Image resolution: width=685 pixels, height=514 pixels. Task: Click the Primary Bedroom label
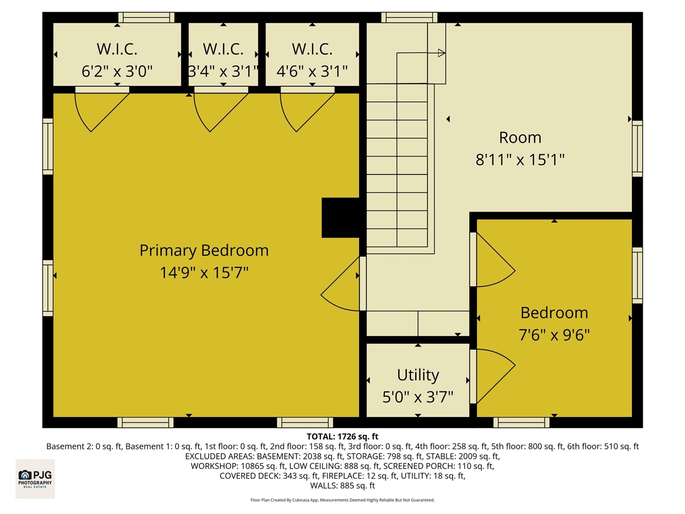[x=204, y=251]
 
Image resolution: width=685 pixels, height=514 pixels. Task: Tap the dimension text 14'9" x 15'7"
[x=204, y=273]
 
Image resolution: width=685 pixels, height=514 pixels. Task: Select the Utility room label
[x=418, y=375]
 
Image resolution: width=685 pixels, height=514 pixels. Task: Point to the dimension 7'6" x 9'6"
[x=554, y=335]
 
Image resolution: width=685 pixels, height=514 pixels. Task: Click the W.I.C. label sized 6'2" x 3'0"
[x=117, y=49]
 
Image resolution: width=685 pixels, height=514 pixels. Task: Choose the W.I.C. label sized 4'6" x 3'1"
[x=312, y=49]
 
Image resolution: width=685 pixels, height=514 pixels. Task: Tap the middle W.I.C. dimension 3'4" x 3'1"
[x=223, y=71]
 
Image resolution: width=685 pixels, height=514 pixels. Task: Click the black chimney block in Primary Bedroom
[x=340, y=217]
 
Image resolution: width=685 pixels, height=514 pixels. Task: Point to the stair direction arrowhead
[x=442, y=52]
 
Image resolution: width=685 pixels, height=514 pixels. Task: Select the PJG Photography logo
[x=35, y=478]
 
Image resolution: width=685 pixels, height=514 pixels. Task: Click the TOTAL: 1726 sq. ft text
[x=342, y=436]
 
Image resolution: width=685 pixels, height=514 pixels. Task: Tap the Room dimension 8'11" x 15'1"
[x=520, y=160]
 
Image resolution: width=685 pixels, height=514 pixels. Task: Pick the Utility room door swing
[x=492, y=375]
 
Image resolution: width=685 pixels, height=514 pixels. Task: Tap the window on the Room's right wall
[x=637, y=148]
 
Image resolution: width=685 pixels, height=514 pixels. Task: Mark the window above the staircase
[x=409, y=17]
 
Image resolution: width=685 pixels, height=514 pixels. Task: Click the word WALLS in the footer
[x=324, y=486]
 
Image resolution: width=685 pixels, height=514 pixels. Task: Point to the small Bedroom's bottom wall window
[x=521, y=422]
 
